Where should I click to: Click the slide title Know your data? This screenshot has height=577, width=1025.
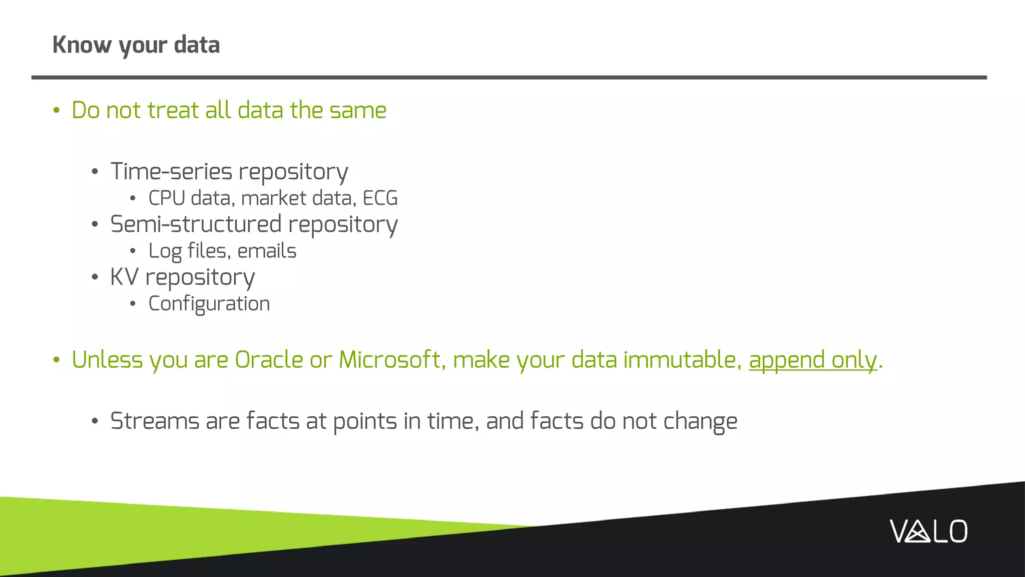tap(136, 45)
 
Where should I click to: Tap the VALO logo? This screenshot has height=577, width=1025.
tap(928, 531)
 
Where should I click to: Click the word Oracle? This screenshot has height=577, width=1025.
tap(269, 360)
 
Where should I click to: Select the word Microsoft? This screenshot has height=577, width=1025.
tap(389, 360)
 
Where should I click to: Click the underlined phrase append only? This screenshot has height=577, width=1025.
tap(813, 360)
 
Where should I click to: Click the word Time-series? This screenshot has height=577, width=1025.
tap(171, 172)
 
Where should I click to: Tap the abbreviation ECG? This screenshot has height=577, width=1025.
tap(380, 198)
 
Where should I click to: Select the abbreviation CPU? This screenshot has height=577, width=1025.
tap(167, 198)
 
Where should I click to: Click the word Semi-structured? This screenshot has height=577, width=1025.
tap(196, 224)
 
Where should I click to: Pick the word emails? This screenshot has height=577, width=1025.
tap(267, 251)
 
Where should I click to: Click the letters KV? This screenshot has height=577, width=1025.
tap(124, 277)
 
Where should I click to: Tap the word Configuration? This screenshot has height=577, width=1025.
tap(209, 304)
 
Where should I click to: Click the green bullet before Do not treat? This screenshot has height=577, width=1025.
tap(57, 111)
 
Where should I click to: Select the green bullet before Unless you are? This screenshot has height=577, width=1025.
tap(57, 360)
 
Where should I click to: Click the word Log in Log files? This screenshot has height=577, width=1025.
tap(165, 251)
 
